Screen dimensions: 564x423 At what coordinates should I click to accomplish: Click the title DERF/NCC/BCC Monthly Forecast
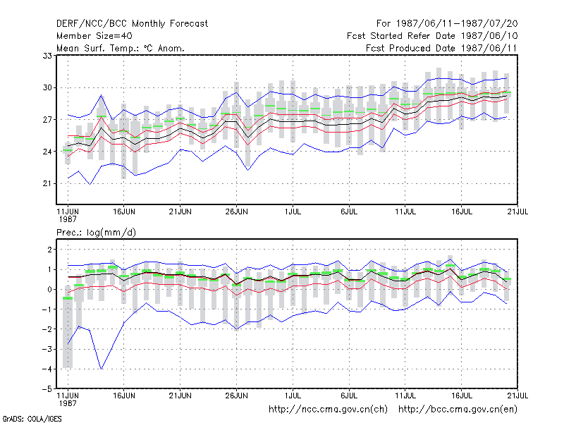pyautogui.click(x=132, y=24)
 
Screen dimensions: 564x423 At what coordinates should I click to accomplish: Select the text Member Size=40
pyautogui.click(x=94, y=36)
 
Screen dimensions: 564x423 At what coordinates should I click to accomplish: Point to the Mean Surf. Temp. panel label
pyautogui.click(x=121, y=48)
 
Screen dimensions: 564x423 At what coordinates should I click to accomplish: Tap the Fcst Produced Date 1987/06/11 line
pyautogui.click(x=441, y=48)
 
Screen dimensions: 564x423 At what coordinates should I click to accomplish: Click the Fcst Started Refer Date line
pyautogui.click(x=432, y=36)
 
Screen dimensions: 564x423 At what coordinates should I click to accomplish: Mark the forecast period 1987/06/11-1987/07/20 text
pyautogui.click(x=447, y=24)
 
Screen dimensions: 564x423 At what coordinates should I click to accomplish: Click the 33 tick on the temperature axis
pyautogui.click(x=47, y=56)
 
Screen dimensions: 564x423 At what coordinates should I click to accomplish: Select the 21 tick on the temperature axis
pyautogui.click(x=47, y=183)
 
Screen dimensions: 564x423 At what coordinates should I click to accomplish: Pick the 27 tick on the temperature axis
pyautogui.click(x=47, y=119)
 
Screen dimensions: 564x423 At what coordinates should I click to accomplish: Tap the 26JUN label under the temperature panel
pyautogui.click(x=236, y=211)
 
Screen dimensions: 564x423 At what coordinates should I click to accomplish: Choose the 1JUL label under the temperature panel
pyautogui.click(x=293, y=211)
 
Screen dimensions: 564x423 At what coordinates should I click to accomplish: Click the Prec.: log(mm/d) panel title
pyautogui.click(x=96, y=233)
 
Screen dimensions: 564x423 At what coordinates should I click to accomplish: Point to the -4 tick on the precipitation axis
pyautogui.click(x=47, y=369)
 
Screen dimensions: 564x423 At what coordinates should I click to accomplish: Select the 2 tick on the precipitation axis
pyautogui.click(x=49, y=250)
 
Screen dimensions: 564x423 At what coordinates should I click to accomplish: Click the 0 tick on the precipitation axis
pyautogui.click(x=49, y=290)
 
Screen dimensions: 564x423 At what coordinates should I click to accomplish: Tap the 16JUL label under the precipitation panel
pyautogui.click(x=462, y=396)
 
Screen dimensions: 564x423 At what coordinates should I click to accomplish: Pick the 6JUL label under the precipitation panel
pyautogui.click(x=349, y=396)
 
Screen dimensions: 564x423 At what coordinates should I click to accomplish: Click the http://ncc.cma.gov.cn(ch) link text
pyautogui.click(x=328, y=410)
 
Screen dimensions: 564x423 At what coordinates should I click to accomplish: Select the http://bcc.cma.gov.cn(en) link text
pyautogui.click(x=458, y=410)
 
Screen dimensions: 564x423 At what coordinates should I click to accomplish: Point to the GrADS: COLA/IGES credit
pyautogui.click(x=32, y=419)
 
